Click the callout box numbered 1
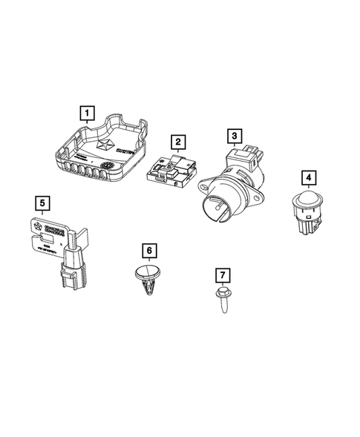(x=88, y=114)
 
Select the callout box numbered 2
(x=177, y=141)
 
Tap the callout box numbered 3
(x=234, y=136)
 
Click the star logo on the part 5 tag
(x=35, y=223)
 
